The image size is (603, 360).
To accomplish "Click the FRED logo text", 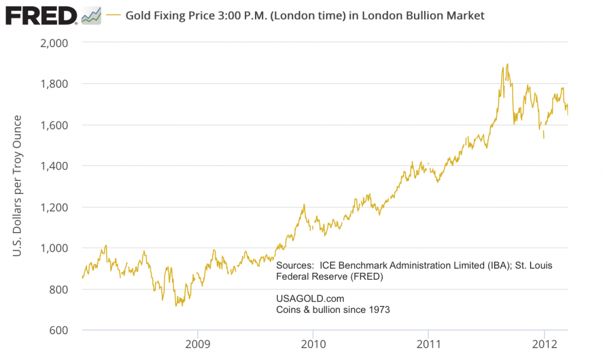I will (x=40, y=15).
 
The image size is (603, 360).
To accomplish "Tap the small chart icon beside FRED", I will (x=91, y=15).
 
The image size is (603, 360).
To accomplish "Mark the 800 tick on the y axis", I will (x=59, y=289).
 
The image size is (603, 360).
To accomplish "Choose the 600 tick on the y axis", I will (x=59, y=330).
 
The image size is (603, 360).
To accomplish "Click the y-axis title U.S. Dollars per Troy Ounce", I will (x=17, y=186).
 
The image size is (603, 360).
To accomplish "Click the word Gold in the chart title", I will (x=138, y=15).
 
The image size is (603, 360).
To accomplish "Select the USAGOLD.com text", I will (x=309, y=299).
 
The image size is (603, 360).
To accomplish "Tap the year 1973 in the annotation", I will (x=378, y=309).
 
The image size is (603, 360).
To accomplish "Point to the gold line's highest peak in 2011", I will (x=507, y=64).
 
